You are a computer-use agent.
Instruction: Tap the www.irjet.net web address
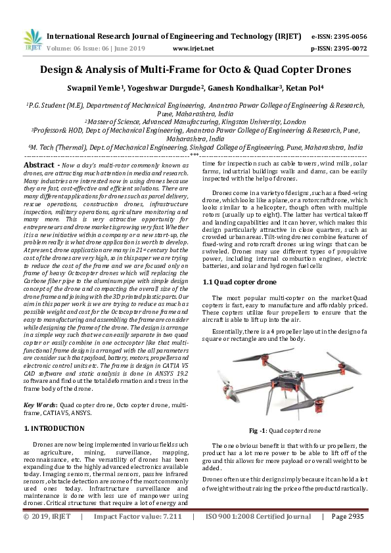193,48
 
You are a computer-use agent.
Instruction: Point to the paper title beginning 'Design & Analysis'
195,70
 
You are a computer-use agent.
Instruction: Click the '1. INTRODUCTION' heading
54,428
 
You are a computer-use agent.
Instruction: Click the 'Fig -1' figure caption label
257,431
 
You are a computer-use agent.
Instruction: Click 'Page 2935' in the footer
348,535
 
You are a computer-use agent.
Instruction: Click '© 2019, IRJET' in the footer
47,535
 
